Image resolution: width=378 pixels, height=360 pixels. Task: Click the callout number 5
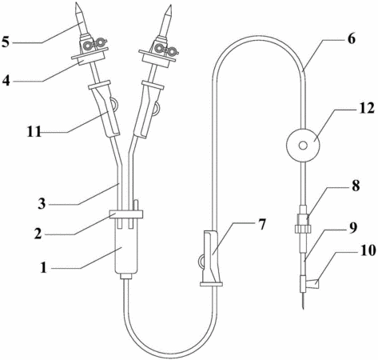coord(6,42)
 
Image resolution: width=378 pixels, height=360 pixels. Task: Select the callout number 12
coord(367,108)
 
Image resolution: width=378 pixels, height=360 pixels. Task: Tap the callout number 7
coord(262,225)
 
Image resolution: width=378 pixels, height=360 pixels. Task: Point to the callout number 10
coord(368,250)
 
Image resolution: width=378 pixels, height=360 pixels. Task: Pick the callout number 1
coord(44,267)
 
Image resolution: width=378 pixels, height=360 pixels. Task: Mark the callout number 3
coord(42,204)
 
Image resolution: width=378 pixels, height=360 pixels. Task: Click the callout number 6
coord(352,39)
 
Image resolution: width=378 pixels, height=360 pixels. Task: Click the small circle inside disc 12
coord(303,146)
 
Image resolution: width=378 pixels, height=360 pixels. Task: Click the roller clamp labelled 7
coord(211,258)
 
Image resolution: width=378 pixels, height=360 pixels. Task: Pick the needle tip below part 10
coord(304,308)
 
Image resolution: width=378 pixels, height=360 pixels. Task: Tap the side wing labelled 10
coord(313,282)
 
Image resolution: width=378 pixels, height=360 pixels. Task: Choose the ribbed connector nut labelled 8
coord(303,229)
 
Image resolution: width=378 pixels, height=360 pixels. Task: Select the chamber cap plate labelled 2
coord(126,214)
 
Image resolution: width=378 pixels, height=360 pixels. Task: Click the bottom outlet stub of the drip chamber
coord(126,276)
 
